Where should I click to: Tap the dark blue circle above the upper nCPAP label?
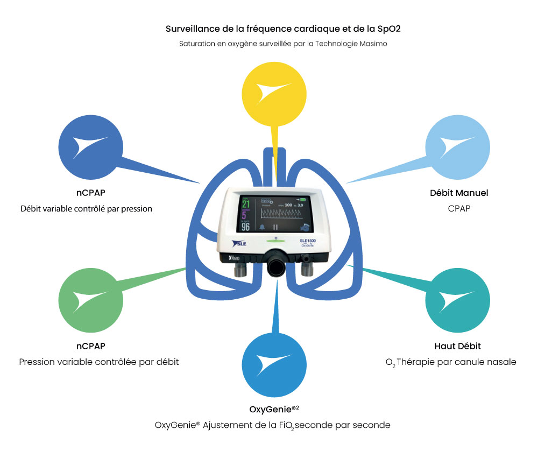click(90, 146)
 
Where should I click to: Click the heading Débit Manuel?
click(459, 193)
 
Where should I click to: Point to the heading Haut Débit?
click(457, 346)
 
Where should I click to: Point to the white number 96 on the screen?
click(245, 227)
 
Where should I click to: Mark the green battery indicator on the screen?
click(310, 200)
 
